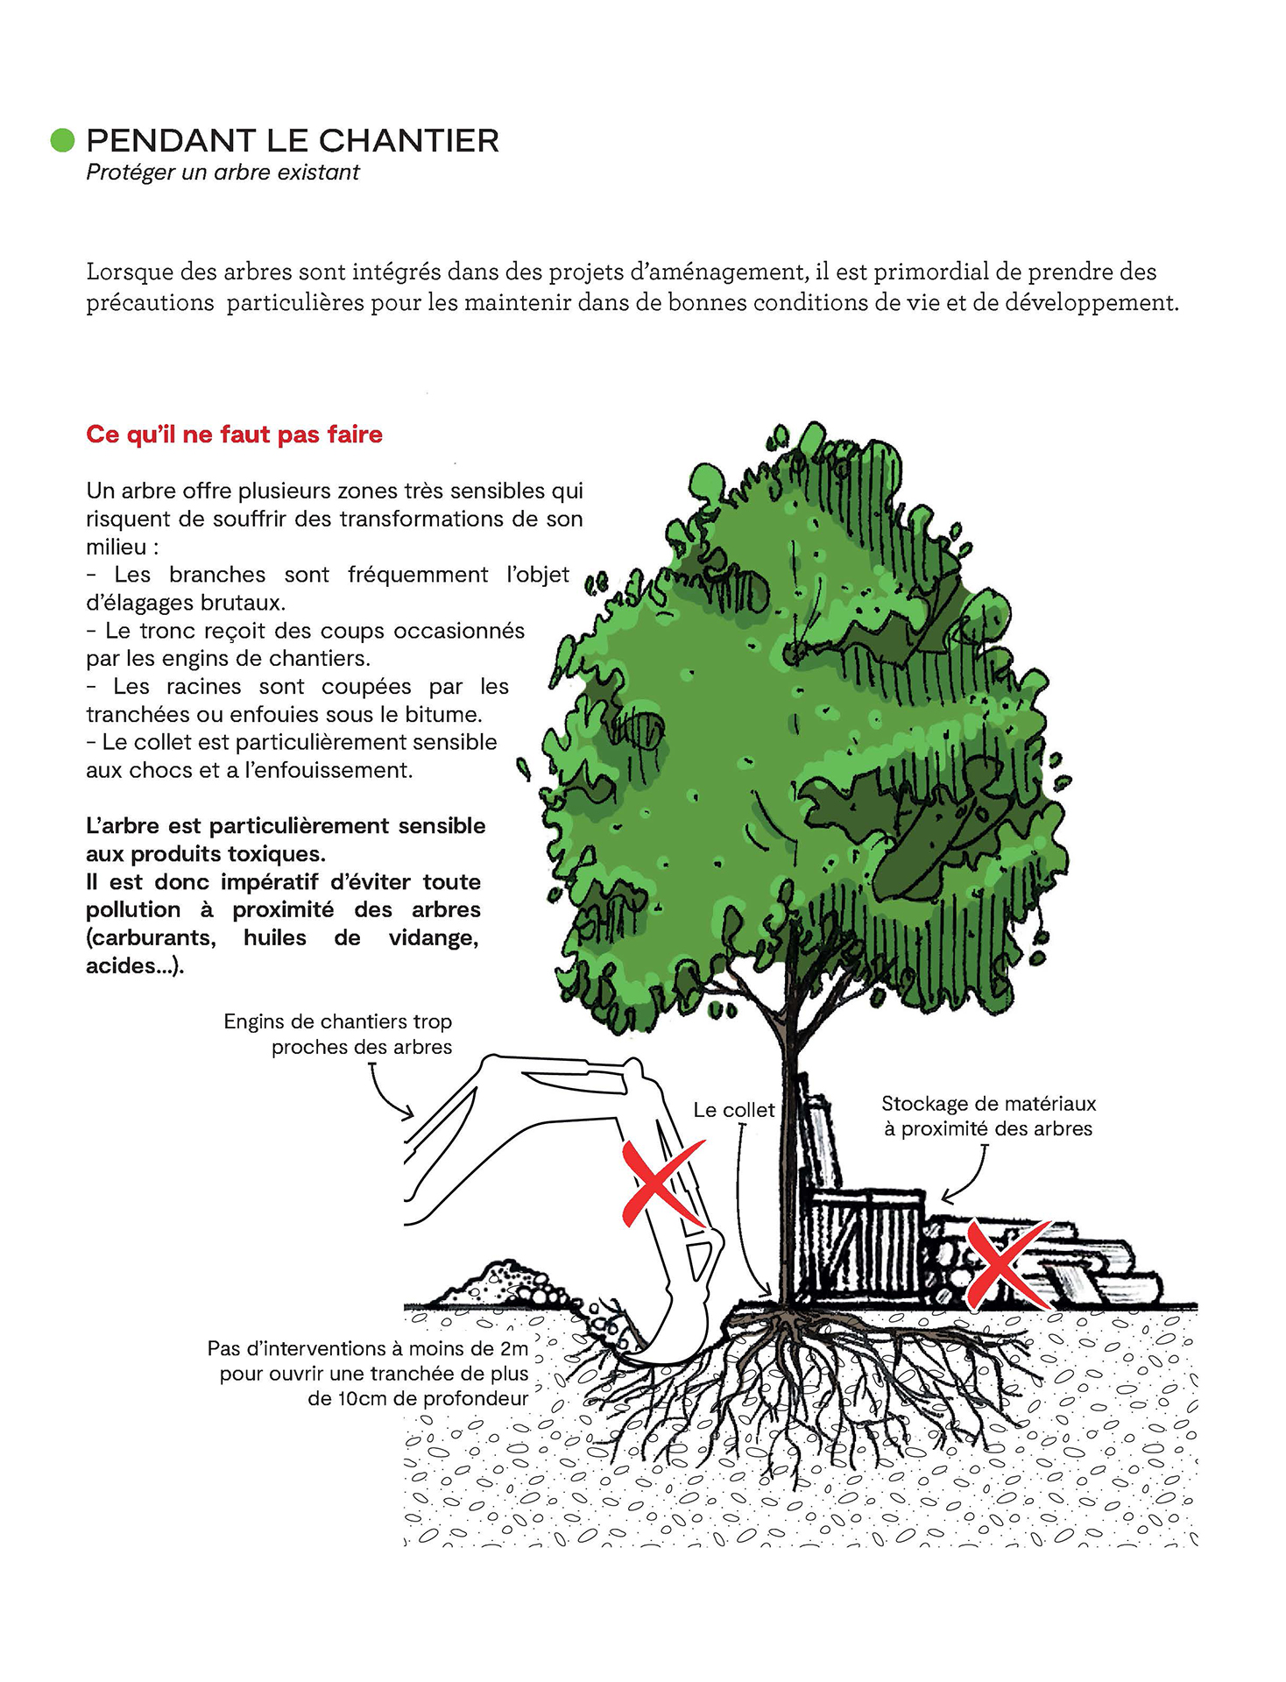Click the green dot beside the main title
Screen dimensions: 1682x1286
coord(62,140)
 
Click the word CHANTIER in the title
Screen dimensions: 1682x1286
coord(408,141)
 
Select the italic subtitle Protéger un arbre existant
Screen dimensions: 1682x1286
coord(223,173)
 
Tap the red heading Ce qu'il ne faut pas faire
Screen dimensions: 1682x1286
coord(234,435)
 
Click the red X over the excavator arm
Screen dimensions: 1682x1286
coord(661,1184)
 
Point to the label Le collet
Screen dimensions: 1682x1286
coord(733,1110)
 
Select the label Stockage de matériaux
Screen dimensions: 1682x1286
coord(988,1104)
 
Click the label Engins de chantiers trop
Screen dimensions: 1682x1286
coord(337,1021)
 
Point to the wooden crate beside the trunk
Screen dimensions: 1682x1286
coord(863,1244)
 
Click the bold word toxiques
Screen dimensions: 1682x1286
coord(276,853)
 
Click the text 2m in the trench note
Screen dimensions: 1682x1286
coord(512,1348)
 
